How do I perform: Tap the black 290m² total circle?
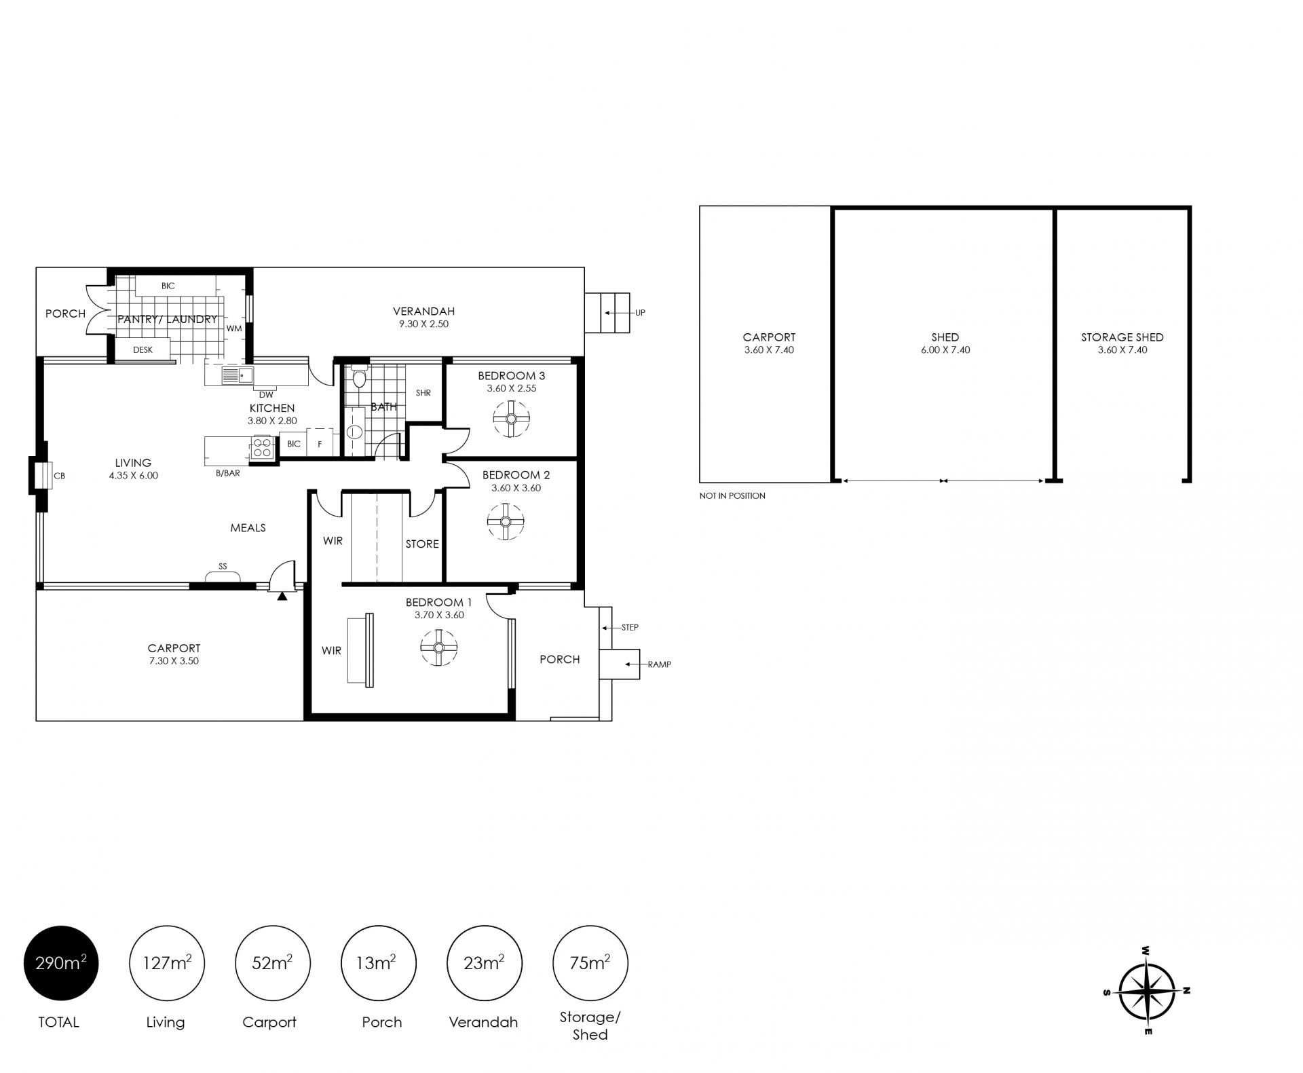(x=61, y=963)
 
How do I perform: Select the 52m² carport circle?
(x=272, y=963)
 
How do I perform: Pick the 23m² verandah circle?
(x=484, y=963)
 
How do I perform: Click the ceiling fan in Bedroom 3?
(x=511, y=419)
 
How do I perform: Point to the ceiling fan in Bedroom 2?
(x=506, y=521)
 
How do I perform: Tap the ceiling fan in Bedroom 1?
(x=438, y=647)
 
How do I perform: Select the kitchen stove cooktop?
(x=263, y=449)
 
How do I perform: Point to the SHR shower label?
(x=423, y=393)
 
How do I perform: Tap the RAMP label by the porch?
(x=659, y=664)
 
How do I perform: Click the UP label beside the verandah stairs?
(x=640, y=313)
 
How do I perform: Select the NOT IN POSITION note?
(x=732, y=496)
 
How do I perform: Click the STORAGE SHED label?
(x=1122, y=337)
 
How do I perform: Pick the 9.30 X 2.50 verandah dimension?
(x=423, y=324)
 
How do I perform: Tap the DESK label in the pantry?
(x=143, y=350)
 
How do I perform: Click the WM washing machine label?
(x=234, y=328)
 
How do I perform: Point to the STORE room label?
(x=422, y=544)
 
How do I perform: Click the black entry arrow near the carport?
(x=282, y=596)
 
